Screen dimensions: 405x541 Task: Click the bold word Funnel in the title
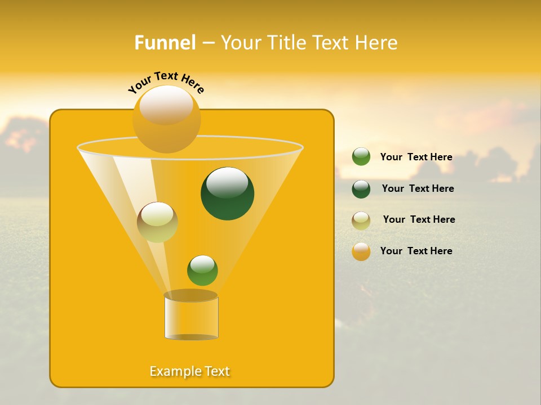coord(165,43)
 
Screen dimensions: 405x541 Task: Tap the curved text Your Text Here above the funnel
coord(166,82)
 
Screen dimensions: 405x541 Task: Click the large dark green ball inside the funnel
coord(227,193)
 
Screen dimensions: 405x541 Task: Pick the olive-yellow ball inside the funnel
coord(157,222)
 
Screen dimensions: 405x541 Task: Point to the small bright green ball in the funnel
coord(202,271)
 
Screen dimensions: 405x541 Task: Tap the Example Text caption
coord(190,371)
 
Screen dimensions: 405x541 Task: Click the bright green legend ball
coord(361,156)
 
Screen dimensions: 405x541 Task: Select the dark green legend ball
coord(361,189)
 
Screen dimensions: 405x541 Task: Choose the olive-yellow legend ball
coord(361,220)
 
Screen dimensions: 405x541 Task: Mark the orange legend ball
coord(361,251)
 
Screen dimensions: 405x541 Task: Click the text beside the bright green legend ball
coord(416,157)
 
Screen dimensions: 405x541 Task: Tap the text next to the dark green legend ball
coord(418,188)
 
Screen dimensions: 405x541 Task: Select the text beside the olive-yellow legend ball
coord(419,219)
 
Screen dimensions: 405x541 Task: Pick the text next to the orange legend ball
coord(416,251)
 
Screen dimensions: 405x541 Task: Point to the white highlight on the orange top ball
coord(166,104)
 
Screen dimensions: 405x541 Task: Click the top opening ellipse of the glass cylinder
coord(191,295)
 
